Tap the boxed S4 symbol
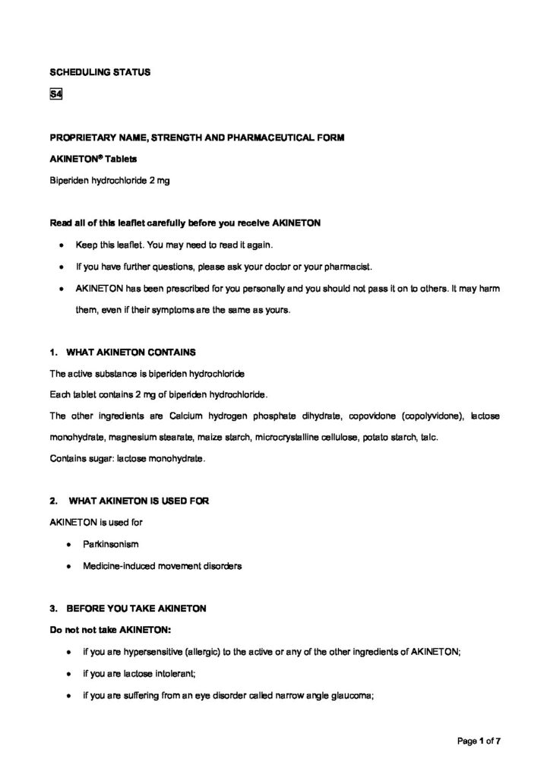click(x=55, y=94)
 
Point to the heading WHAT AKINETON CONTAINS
click(x=131, y=353)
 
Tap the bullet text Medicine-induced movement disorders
click(x=159, y=566)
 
